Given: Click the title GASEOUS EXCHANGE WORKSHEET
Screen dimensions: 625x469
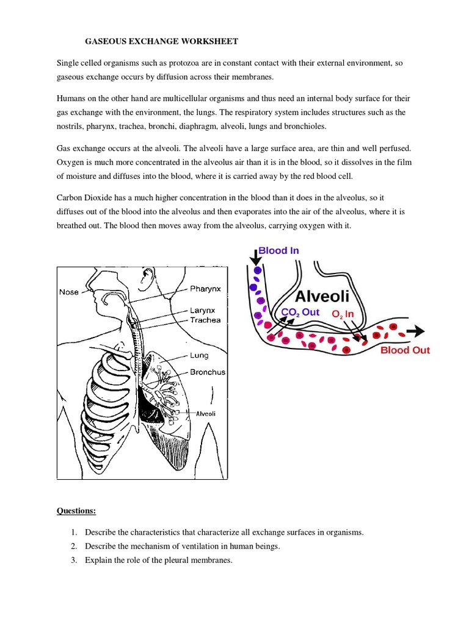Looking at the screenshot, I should tap(161, 42).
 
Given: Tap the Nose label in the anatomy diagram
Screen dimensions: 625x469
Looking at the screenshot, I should tap(68, 292).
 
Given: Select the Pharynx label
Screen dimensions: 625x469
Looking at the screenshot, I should tap(206, 288).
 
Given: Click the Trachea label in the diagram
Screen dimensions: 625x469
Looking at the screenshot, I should tap(205, 320).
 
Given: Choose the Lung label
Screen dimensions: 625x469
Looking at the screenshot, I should tap(198, 355).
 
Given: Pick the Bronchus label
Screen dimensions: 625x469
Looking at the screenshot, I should tap(208, 372).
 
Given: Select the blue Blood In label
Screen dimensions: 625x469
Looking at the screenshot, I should tap(278, 250).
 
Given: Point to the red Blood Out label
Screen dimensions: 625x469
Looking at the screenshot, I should tap(405, 350).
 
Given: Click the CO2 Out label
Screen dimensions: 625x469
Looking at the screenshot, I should tap(300, 312).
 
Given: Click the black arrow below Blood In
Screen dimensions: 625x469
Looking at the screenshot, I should tap(254, 258).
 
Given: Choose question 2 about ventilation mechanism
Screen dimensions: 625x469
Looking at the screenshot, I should tap(182, 546).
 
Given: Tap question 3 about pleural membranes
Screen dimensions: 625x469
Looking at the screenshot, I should tap(159, 560).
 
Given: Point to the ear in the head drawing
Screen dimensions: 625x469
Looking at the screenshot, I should tap(145, 278).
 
